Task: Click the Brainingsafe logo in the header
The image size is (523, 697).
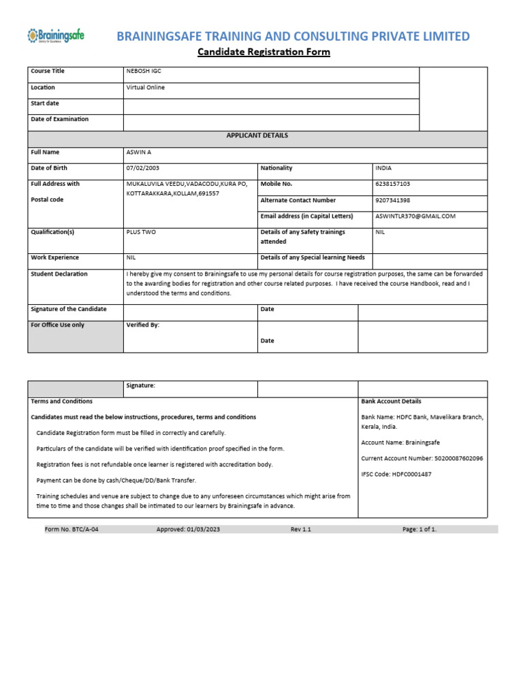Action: click(55, 35)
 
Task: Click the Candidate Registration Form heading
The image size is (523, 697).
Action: click(264, 52)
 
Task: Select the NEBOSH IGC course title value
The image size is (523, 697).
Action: click(144, 71)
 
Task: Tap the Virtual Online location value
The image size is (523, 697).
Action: click(146, 88)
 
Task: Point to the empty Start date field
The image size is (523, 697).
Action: click(270, 106)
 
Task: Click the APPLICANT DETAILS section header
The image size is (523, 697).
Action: click(257, 135)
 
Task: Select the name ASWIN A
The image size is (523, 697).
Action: click(140, 152)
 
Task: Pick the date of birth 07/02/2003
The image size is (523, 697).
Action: click(143, 168)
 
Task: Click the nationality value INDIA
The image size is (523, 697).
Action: click(383, 168)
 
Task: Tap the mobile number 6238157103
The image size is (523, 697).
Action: click(393, 184)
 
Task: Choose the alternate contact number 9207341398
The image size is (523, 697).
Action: click(393, 201)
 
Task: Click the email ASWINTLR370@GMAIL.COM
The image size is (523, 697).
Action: click(415, 216)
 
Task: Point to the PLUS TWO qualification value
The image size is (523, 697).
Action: click(141, 232)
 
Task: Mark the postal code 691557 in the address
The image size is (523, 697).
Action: click(207, 194)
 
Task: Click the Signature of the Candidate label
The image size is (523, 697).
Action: click(69, 309)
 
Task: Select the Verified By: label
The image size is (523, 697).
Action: click(143, 325)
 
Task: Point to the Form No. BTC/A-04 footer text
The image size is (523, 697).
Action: click(67, 529)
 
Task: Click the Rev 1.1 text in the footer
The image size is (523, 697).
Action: click(300, 529)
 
